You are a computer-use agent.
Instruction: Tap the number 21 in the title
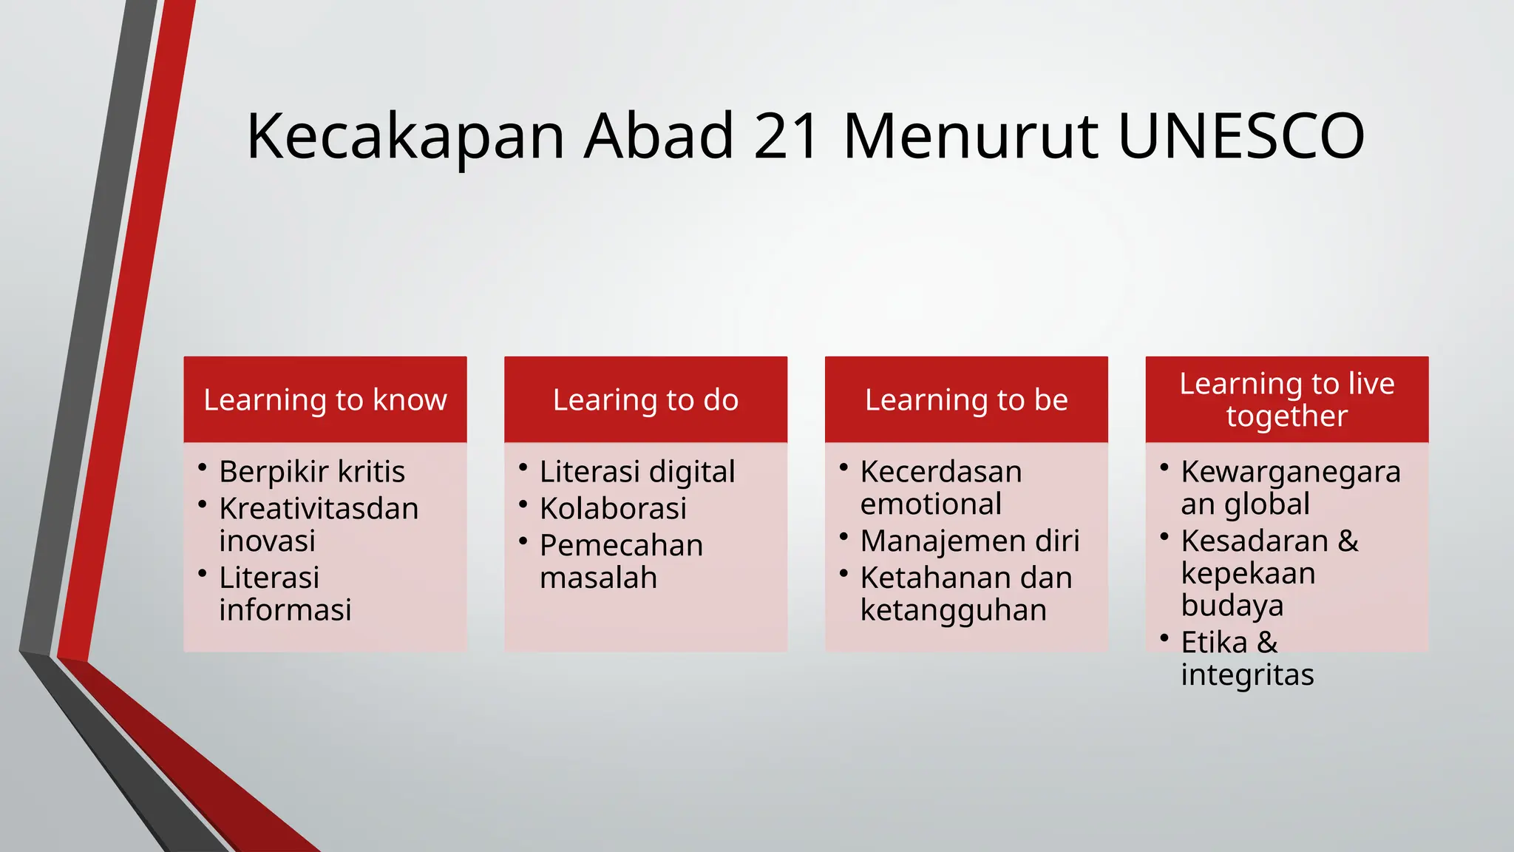(x=786, y=136)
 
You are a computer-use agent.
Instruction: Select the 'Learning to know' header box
(x=325, y=399)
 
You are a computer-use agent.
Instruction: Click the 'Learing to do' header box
(x=645, y=399)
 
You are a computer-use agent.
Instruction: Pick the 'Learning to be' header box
(x=966, y=399)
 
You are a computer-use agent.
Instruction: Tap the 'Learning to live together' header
(x=1286, y=399)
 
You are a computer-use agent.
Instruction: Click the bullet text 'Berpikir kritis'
(x=312, y=472)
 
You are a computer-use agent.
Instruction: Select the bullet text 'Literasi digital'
(x=637, y=472)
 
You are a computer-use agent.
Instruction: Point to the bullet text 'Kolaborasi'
(x=613, y=509)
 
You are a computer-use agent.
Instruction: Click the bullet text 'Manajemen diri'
(x=970, y=541)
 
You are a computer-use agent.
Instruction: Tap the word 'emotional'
(x=931, y=504)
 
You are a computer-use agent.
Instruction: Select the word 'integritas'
(x=1247, y=674)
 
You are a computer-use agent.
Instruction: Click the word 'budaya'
(x=1232, y=605)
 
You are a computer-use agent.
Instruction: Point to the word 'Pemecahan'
(x=621, y=546)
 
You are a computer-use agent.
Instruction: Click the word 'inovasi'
(x=267, y=541)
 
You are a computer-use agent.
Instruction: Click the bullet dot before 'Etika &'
(x=1164, y=638)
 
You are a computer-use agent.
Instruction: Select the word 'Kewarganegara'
(x=1291, y=472)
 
